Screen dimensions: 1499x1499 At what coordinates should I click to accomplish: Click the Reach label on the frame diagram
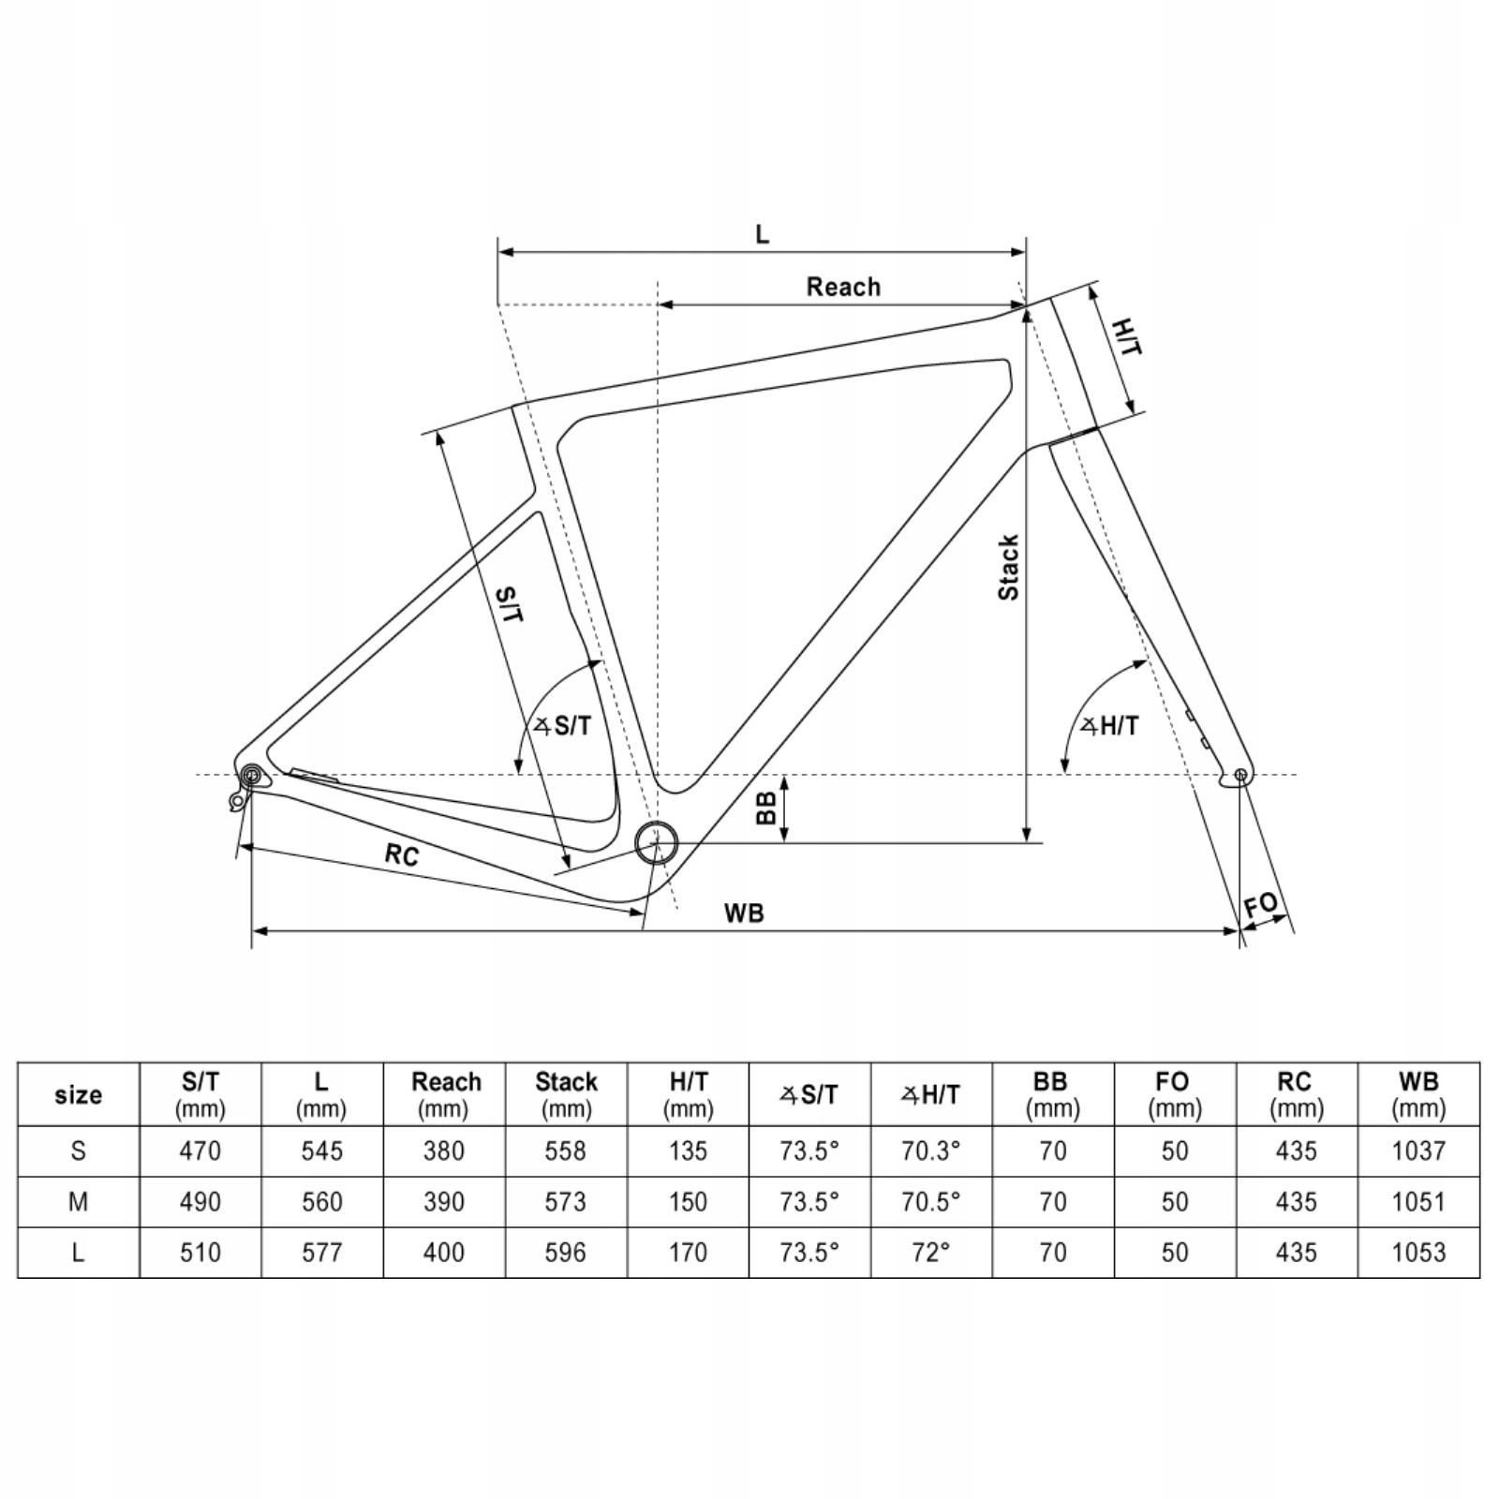(x=843, y=287)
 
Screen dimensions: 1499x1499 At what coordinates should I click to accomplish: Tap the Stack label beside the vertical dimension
(x=1008, y=568)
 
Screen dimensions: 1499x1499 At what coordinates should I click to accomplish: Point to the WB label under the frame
(x=744, y=913)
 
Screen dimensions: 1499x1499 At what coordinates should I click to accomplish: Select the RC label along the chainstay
(x=402, y=853)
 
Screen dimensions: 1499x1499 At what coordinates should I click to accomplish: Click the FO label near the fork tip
(x=1261, y=905)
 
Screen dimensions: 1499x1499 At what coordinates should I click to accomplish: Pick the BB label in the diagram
(x=766, y=809)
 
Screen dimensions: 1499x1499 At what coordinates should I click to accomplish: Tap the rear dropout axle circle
(x=251, y=775)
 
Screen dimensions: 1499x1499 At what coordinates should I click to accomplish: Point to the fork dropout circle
(x=1240, y=775)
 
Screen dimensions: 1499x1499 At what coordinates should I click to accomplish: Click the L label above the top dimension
(x=762, y=234)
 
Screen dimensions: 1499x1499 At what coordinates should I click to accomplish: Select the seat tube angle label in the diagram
(x=563, y=725)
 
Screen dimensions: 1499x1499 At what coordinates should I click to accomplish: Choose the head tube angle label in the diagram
(x=1110, y=725)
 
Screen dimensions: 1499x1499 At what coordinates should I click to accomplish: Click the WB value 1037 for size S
(x=1418, y=1150)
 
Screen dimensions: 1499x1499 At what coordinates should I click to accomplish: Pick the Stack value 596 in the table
(x=566, y=1253)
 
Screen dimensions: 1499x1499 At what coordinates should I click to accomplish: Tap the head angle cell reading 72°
(x=931, y=1253)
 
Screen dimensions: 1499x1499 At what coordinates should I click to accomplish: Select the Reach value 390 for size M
(x=444, y=1202)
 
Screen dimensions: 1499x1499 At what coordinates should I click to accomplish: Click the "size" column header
(x=79, y=1094)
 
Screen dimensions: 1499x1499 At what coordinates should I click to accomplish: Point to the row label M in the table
(x=79, y=1202)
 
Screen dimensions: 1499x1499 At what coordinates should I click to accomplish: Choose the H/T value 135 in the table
(x=688, y=1150)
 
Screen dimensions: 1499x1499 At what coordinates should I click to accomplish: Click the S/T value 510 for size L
(x=200, y=1253)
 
